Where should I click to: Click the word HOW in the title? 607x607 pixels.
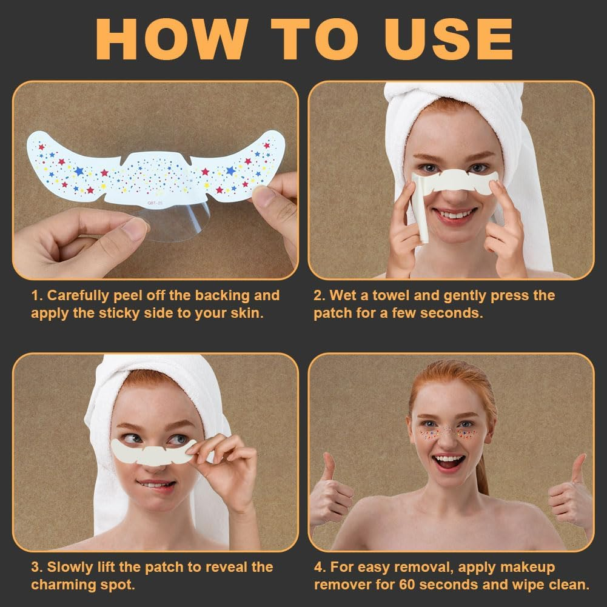(x=171, y=39)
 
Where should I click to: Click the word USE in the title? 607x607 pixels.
(x=449, y=39)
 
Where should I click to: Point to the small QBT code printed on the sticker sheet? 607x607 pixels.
(x=155, y=203)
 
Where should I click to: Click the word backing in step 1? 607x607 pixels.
(x=222, y=295)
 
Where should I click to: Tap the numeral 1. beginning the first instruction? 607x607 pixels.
(x=37, y=295)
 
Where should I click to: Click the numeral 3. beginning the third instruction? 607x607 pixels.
(x=37, y=567)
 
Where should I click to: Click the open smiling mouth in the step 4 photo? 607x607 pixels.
(x=449, y=461)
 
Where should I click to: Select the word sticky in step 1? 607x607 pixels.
(x=119, y=313)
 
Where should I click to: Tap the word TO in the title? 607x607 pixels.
(x=314, y=39)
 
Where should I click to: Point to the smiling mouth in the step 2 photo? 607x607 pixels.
(x=454, y=214)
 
